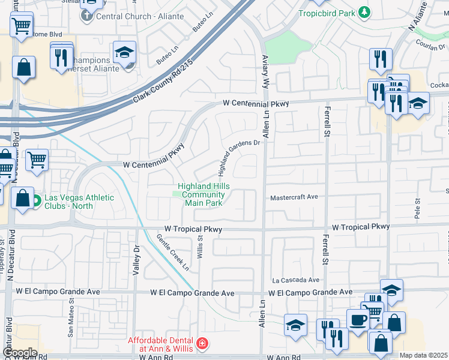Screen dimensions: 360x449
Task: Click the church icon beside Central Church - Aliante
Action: [x=87, y=16]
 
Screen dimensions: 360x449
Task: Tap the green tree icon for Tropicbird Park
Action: [x=364, y=12]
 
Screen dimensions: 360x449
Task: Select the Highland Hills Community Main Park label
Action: [x=203, y=195]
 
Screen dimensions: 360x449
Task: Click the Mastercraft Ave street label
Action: [x=294, y=197]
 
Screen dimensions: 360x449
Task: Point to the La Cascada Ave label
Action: [x=295, y=280]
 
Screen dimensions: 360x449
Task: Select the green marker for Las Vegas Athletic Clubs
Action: [x=36, y=200]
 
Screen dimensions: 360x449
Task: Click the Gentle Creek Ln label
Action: [x=173, y=251]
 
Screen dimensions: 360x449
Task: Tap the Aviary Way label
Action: [x=265, y=72]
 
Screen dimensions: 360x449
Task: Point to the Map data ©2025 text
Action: [x=423, y=355]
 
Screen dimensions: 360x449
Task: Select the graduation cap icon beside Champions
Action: [x=124, y=53]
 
